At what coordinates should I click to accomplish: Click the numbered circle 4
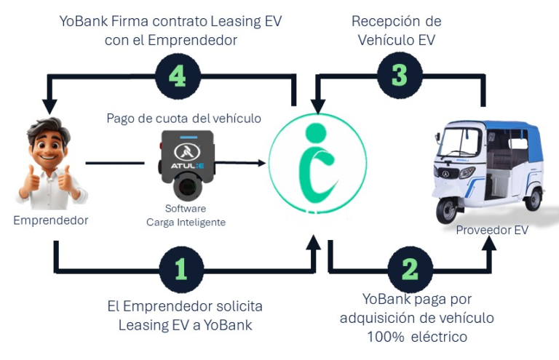point(178,76)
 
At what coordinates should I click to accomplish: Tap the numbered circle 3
point(400,75)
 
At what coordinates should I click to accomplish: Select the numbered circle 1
point(181,270)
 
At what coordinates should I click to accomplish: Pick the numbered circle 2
point(411,270)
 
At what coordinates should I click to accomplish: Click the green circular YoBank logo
point(317,164)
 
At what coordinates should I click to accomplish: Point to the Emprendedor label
point(51,220)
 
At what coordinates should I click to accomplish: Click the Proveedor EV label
point(492,230)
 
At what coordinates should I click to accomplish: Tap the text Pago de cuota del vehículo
point(184,119)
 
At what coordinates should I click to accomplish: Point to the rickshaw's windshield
point(460,143)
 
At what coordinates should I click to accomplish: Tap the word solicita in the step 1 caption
point(239,306)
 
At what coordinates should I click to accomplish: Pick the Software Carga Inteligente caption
point(186,215)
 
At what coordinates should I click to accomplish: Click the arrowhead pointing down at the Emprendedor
point(49,106)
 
